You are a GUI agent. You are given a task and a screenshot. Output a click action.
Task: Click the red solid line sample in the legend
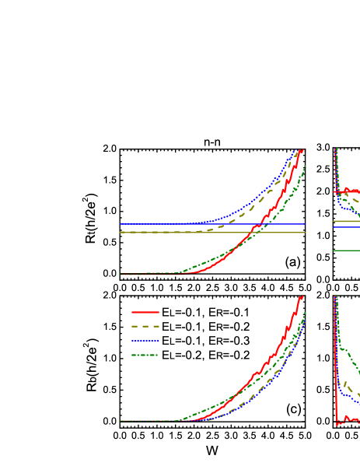145,312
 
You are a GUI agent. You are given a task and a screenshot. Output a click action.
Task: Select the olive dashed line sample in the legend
145,326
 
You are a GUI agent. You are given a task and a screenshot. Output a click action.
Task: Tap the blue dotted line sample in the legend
145,341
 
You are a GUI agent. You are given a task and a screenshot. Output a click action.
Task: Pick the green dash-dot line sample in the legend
145,355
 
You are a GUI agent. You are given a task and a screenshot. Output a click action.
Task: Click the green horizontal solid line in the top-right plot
346,251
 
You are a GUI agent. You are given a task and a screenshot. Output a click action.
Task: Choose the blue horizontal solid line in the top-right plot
346,227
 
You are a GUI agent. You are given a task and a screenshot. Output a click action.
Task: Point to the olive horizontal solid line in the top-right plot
346,221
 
